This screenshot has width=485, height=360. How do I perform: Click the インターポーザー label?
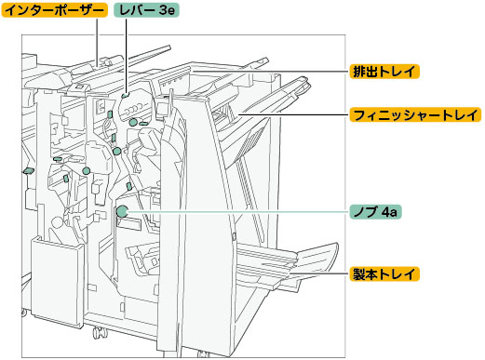(55, 10)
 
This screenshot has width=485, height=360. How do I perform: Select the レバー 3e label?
(146, 10)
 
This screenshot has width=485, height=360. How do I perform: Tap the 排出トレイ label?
(384, 72)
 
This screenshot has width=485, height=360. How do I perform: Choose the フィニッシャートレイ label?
(415, 114)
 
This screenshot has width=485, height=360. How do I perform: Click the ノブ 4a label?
(375, 212)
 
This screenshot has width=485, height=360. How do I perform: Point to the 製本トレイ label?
(384, 274)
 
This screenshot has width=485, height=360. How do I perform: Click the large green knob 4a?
(122, 211)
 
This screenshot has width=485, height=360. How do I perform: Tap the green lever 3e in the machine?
(125, 95)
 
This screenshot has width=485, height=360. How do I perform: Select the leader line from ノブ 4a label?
(238, 212)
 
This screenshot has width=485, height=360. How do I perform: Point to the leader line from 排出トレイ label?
(270, 72)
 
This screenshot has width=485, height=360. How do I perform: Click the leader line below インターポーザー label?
(97, 42)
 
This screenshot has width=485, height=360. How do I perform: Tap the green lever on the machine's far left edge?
(28, 170)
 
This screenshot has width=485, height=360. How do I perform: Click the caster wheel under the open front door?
(99, 333)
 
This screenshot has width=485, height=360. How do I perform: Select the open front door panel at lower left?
(57, 282)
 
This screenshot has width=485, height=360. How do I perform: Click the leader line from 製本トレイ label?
(318, 274)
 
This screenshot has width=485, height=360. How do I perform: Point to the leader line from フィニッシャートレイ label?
(294, 114)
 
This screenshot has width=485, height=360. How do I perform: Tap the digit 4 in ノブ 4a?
(385, 212)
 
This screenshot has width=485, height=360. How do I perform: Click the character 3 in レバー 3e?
(163, 10)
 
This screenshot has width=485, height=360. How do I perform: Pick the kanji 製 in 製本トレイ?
(359, 274)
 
